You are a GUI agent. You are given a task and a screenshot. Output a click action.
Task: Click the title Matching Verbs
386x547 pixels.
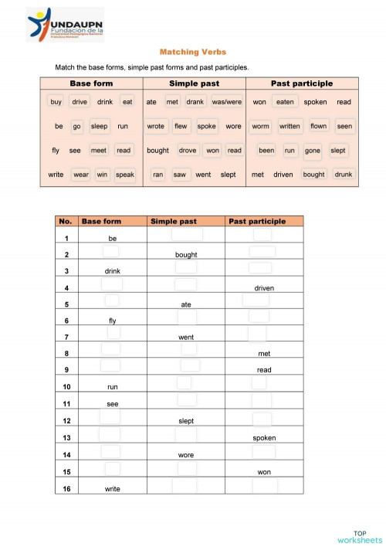pos(192,52)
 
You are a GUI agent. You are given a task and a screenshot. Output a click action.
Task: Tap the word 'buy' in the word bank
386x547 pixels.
pos(56,102)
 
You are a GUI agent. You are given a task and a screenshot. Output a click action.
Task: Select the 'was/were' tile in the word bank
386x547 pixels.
pos(226,102)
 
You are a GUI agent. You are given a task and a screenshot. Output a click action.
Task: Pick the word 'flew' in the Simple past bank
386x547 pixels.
pos(181,126)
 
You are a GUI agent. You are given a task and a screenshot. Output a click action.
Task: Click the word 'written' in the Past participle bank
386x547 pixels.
pos(289,126)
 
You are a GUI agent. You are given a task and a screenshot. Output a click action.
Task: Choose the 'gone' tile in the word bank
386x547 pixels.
pos(313,151)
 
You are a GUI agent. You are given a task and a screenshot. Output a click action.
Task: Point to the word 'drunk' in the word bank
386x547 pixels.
pos(344,175)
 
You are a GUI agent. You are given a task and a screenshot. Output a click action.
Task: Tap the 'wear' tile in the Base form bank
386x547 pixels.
pos(81,175)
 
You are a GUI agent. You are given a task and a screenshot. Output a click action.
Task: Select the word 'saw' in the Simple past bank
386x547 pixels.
pos(179,175)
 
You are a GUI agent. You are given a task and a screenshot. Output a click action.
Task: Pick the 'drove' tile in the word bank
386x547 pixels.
pos(188,151)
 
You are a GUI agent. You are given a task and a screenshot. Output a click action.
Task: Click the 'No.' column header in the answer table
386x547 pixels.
pos(66,221)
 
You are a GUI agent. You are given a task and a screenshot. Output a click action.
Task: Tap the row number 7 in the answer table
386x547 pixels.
pos(67,337)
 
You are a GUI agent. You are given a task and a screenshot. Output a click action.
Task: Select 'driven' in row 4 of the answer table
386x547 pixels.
pos(264,288)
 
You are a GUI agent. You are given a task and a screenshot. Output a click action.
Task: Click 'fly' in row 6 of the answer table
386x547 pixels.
pos(112,321)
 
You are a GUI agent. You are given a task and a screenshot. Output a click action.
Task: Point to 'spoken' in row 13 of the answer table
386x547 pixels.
pos(264,438)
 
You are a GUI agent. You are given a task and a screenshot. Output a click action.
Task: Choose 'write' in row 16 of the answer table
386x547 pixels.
pos(112,488)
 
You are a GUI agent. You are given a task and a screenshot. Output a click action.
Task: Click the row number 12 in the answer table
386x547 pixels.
pos(67,421)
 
